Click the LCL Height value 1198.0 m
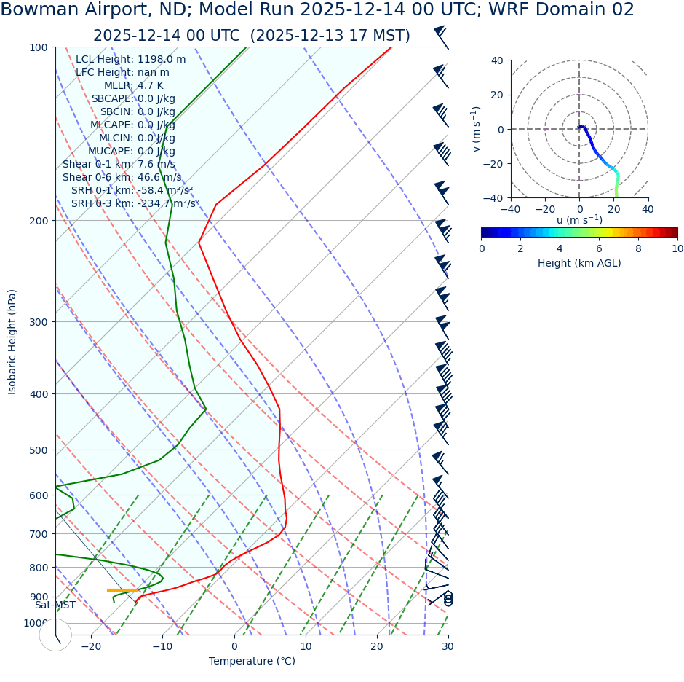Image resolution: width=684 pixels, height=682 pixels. tap(162, 60)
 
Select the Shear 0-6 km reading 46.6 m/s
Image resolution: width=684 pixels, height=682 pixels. tap(159, 177)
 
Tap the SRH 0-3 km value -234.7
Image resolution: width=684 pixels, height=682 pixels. tap(168, 203)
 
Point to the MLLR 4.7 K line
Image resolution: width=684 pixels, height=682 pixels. tap(134, 86)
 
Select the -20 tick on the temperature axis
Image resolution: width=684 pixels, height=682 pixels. tap(91, 646)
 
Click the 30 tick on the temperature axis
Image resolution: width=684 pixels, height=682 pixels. tap(448, 646)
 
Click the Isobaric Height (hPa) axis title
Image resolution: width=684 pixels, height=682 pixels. tap(12, 342)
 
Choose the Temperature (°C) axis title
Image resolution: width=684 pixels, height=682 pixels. tap(252, 662)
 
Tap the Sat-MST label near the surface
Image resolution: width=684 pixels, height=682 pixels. tap(55, 605)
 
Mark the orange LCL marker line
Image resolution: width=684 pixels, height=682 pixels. tap(122, 590)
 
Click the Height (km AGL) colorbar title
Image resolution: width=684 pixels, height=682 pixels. tap(579, 263)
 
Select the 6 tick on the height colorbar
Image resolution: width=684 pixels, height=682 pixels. tap(599, 248)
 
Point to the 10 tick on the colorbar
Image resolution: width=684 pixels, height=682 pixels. tap(677, 248)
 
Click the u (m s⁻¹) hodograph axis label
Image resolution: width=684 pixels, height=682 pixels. tap(579, 220)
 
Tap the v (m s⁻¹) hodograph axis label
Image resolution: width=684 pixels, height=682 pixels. tap(476, 129)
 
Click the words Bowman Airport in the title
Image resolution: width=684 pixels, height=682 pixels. tap(61, 10)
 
